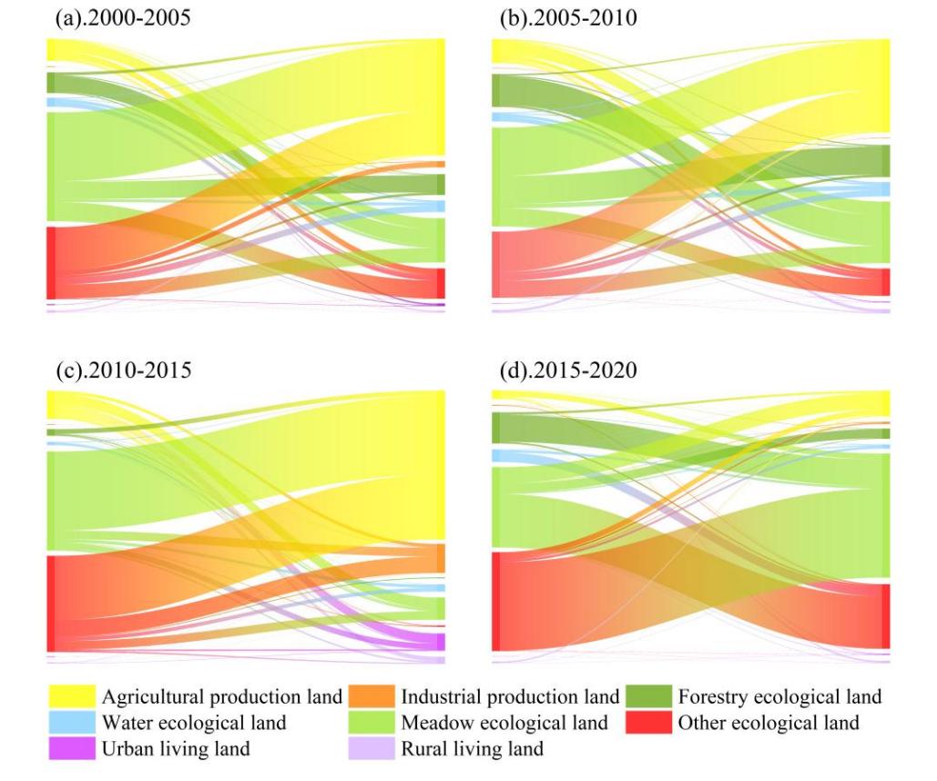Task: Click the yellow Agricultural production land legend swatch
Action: click(71, 697)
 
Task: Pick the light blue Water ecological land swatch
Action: click(71, 724)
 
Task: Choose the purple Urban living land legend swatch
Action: click(71, 749)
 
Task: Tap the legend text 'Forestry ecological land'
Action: click(780, 697)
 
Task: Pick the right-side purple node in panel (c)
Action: click(442, 640)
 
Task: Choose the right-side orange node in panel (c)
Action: click(442, 558)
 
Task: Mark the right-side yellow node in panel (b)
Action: click(887, 86)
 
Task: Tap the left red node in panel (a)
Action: click(51, 262)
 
